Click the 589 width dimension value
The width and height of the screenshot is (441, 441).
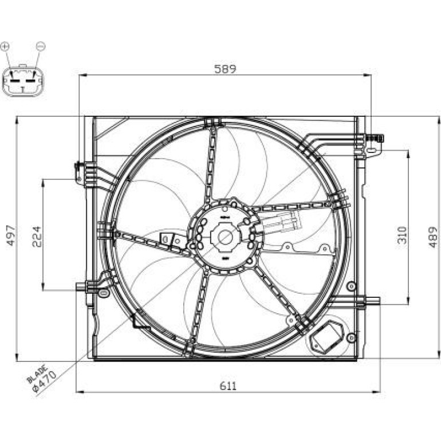pos(225,69)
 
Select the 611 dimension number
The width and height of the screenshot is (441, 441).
pos(228,386)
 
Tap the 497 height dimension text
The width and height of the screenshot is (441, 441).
pos(11,235)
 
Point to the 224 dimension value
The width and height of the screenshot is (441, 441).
pos(37,237)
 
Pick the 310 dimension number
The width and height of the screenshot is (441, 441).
pos(403,235)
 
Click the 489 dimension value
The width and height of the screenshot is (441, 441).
pos(433,237)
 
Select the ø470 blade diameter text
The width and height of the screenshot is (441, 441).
pos(45,381)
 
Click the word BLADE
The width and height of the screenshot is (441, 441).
pos(37,374)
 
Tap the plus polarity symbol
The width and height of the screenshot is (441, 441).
pos(5,46)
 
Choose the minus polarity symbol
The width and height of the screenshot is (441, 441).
pos(41,46)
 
